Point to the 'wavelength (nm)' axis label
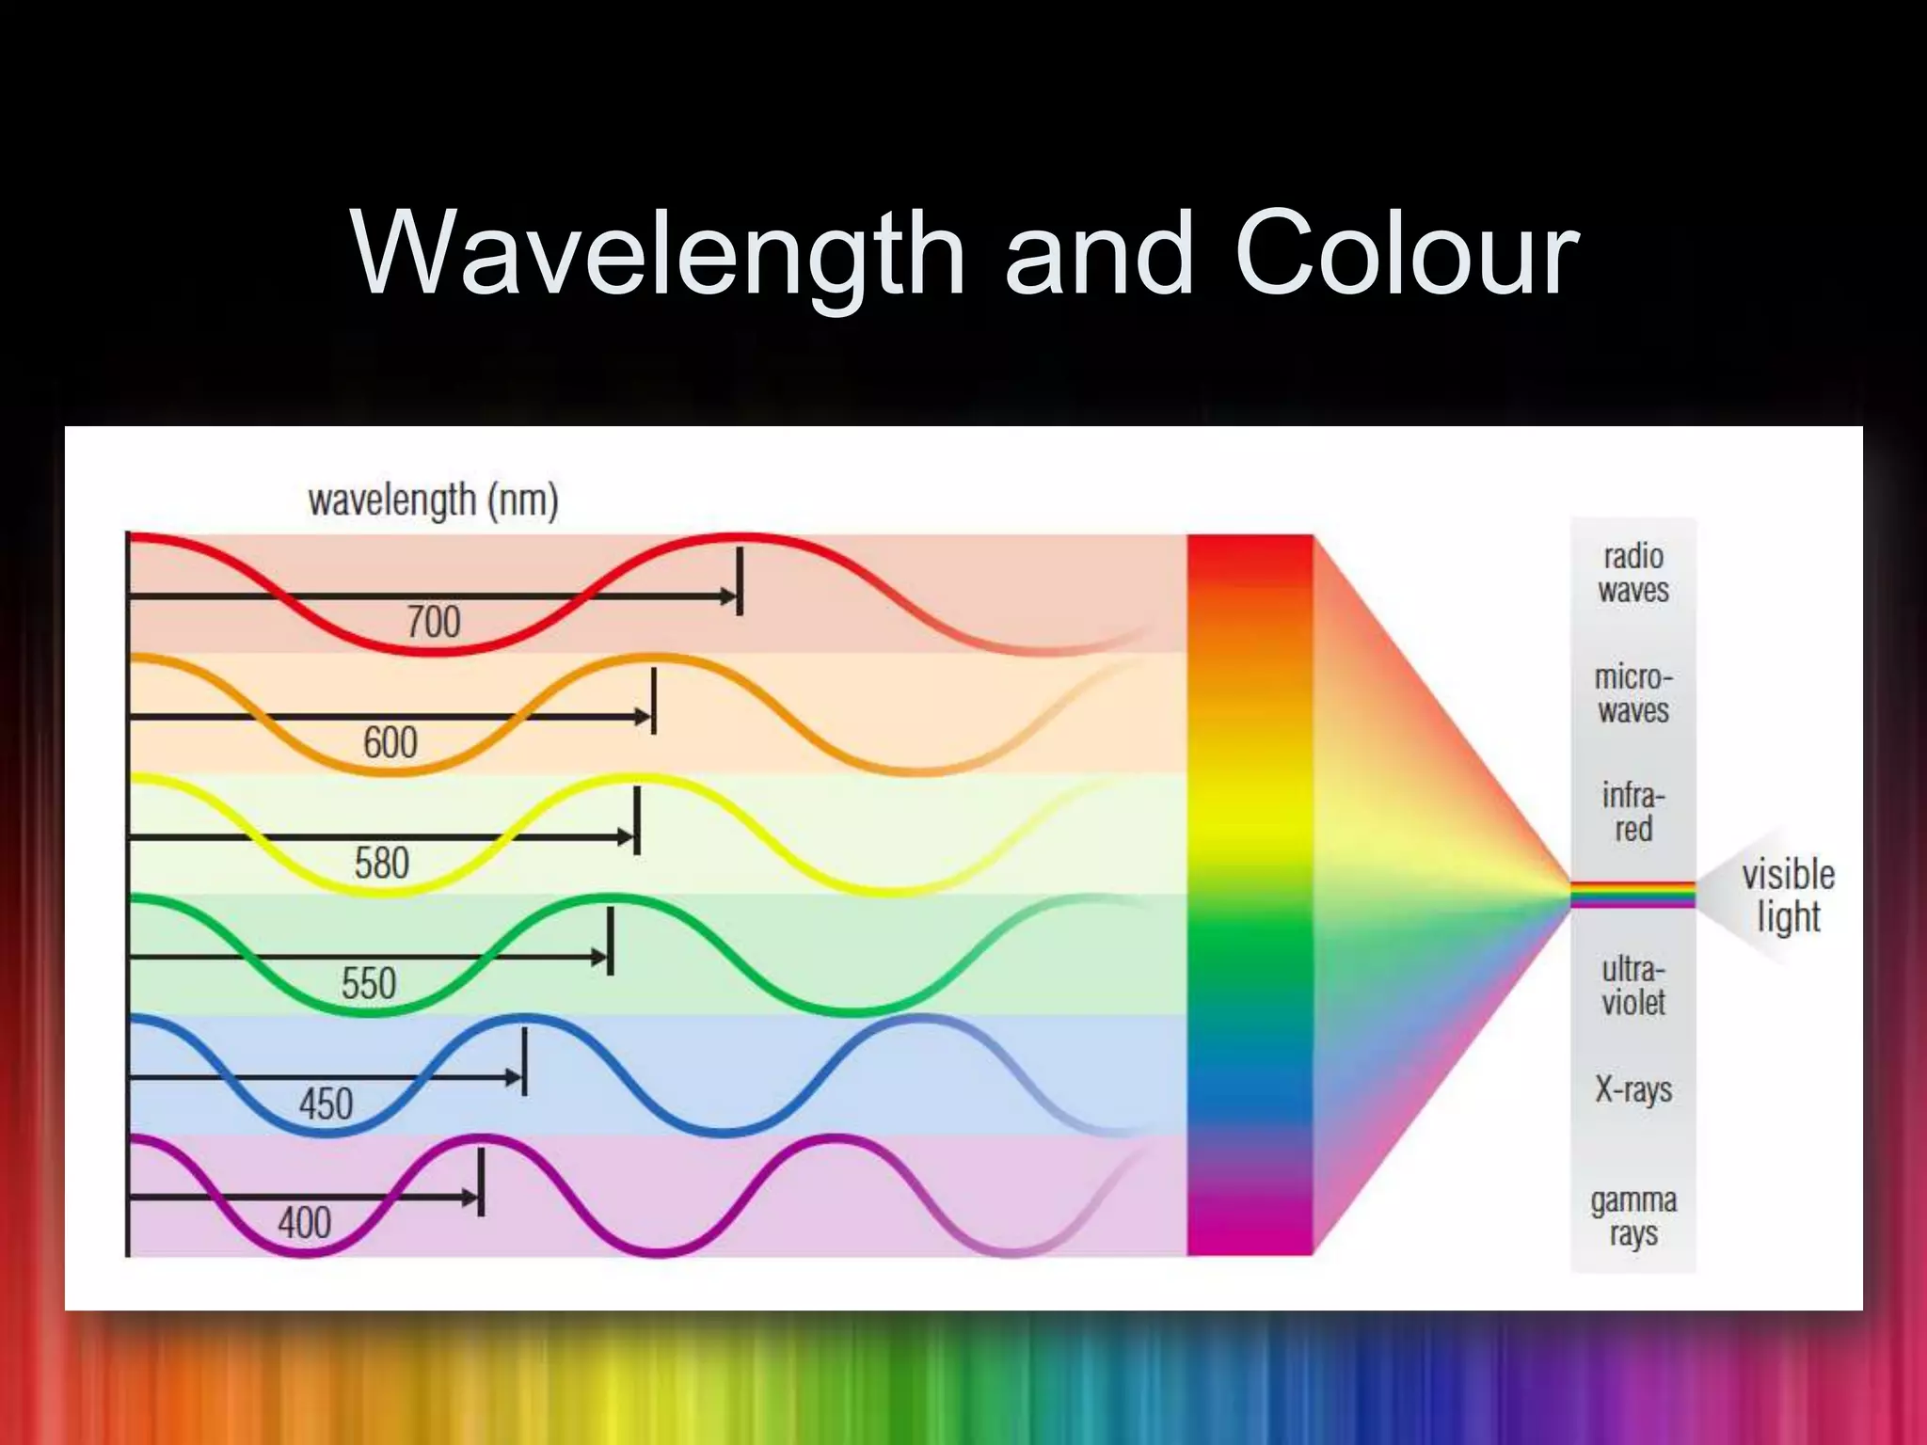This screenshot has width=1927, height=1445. (433, 500)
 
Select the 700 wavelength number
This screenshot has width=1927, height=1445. (434, 622)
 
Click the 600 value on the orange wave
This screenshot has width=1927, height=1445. (390, 743)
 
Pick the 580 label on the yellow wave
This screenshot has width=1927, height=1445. (382, 863)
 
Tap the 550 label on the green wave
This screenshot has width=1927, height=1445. (369, 984)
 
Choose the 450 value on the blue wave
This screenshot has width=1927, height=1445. (326, 1104)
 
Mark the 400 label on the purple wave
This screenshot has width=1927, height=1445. (305, 1223)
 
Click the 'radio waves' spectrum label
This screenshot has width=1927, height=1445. (1633, 573)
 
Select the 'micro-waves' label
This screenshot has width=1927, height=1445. (1633, 693)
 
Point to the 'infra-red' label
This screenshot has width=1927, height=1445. (1633, 812)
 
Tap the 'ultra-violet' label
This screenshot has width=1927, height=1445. (1633, 985)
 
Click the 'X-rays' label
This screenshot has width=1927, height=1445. (1633, 1089)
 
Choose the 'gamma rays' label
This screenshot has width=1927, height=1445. (1633, 1216)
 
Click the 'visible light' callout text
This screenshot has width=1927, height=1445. (1788, 895)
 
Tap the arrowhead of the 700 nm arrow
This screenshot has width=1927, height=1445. (728, 596)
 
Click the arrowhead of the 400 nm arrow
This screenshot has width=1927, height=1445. (470, 1198)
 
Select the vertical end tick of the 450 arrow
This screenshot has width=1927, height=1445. (524, 1061)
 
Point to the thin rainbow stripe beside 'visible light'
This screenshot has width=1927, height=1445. (1632, 894)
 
